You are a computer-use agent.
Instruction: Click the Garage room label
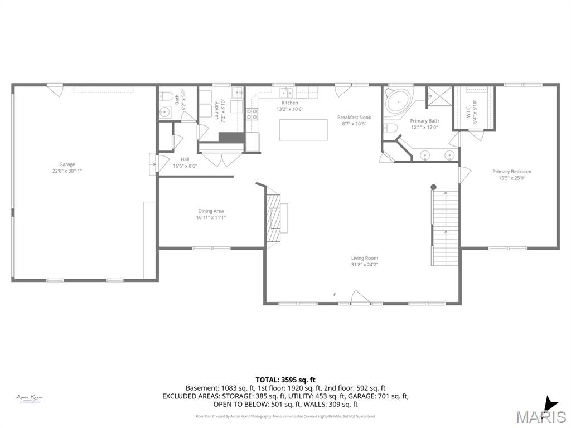tap(67, 164)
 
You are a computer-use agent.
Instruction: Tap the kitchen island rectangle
tap(303, 129)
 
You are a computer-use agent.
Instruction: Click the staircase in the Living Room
tap(446, 227)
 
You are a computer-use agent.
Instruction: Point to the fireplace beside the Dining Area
tap(274, 218)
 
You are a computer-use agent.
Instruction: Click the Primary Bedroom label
tap(511, 172)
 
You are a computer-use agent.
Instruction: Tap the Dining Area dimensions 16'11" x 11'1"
tap(211, 217)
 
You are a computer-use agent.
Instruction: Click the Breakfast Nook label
tap(354, 118)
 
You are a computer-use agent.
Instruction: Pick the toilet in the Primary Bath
tap(391, 129)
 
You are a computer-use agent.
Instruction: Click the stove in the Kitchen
tap(252, 114)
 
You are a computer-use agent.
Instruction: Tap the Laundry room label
tap(216, 110)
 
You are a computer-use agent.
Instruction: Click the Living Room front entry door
tap(360, 298)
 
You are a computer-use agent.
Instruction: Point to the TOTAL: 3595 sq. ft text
tap(285, 380)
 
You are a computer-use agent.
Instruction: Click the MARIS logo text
tap(541, 417)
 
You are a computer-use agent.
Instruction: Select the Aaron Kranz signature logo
tap(30, 398)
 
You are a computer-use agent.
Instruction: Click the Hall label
tap(185, 159)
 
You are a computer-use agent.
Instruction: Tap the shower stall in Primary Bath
tap(439, 96)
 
